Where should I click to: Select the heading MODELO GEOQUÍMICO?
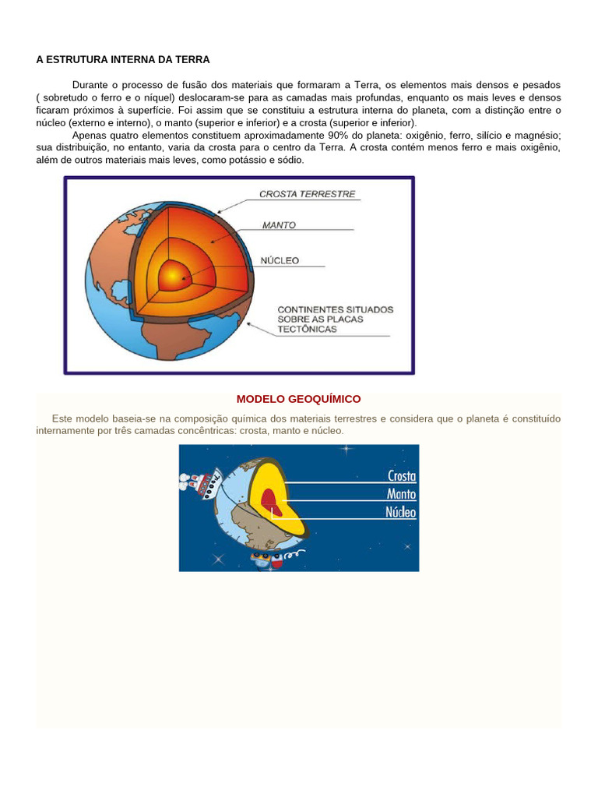click(x=298, y=399)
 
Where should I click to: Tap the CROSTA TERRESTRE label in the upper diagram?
click(x=308, y=194)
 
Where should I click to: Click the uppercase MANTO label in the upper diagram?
click(x=279, y=225)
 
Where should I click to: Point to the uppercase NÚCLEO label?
click(x=280, y=261)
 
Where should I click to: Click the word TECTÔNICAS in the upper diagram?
click(x=307, y=329)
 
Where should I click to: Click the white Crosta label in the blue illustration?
click(x=401, y=476)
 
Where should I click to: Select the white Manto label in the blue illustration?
click(x=401, y=494)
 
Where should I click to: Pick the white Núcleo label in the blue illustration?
click(x=401, y=512)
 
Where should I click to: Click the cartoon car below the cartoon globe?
click(x=265, y=558)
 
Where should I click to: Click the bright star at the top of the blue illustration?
click(x=346, y=449)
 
